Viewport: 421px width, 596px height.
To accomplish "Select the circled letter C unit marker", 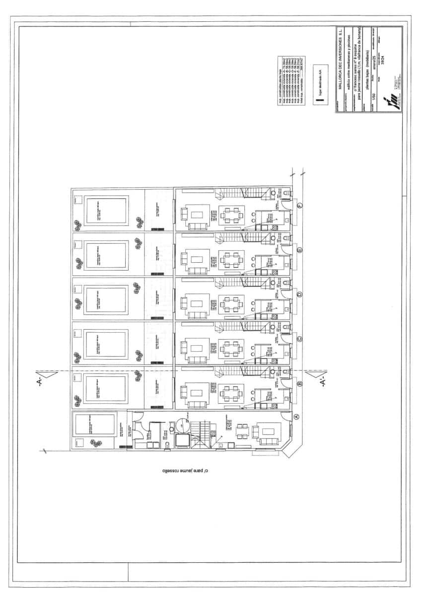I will coord(299,339).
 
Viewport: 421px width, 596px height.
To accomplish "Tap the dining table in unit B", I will coord(232,393).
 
